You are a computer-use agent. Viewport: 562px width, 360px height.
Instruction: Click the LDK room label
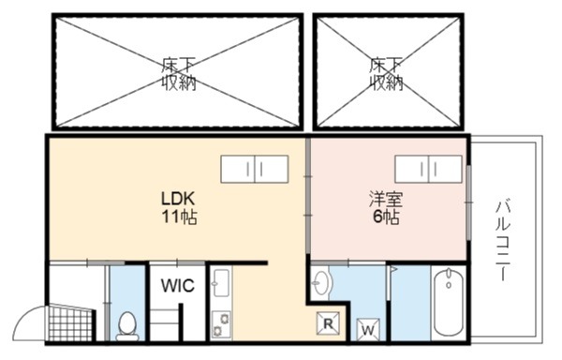(178, 198)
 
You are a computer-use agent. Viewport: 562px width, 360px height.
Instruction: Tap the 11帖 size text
(179, 217)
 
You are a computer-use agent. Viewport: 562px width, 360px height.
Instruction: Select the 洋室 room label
(386, 200)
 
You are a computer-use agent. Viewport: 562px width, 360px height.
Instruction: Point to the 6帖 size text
(386, 217)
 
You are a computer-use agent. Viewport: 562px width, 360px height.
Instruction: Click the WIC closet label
(177, 285)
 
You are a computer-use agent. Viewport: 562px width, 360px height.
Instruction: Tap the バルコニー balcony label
(503, 241)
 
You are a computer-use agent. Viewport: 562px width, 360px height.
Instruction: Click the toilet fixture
(127, 326)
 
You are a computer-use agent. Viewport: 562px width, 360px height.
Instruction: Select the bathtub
(448, 303)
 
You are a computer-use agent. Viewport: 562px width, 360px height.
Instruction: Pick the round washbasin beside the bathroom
(320, 282)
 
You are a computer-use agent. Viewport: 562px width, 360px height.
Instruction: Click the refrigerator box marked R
(328, 323)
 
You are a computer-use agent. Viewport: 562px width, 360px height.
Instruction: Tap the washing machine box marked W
(368, 329)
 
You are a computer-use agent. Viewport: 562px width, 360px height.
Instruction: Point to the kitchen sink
(221, 282)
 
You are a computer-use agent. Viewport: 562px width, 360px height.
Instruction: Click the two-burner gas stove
(221, 325)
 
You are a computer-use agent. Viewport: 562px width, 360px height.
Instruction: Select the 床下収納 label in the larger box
(178, 74)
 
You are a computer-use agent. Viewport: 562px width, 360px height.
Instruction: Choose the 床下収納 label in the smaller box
(386, 74)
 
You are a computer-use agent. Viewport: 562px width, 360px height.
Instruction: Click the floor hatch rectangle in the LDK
(255, 169)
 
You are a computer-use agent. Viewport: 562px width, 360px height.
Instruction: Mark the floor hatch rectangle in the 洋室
(428, 169)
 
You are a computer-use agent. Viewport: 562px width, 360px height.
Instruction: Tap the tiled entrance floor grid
(70, 323)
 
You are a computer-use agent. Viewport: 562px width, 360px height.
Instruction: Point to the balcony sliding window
(468, 202)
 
